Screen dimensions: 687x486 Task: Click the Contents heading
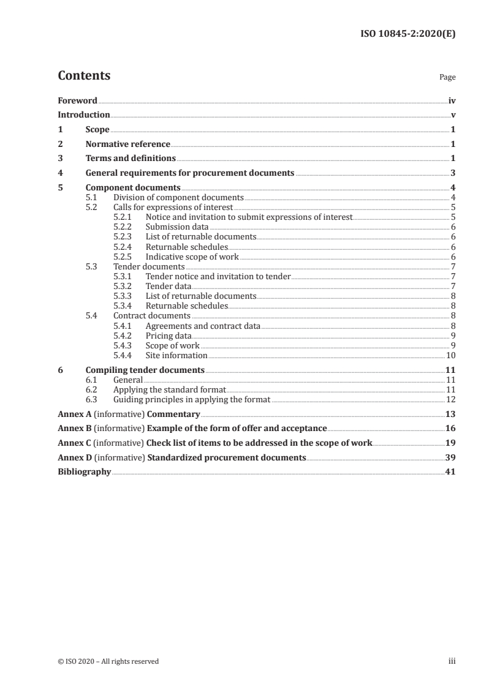(x=84, y=76)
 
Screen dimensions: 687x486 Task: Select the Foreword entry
(x=77, y=100)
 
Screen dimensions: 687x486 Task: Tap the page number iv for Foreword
(x=452, y=100)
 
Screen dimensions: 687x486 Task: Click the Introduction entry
(x=84, y=115)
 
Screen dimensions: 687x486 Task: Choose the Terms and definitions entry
(x=131, y=159)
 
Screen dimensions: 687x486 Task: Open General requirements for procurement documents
(x=190, y=173)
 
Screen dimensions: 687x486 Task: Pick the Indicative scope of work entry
(x=192, y=257)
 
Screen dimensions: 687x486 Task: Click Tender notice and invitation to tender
(x=218, y=277)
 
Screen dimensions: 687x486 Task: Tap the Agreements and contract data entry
(x=203, y=326)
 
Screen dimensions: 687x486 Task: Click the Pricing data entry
(x=169, y=336)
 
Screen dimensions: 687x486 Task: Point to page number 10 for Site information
(x=450, y=355)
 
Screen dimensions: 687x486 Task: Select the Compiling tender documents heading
(x=145, y=370)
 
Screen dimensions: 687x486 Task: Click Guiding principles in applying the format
(x=192, y=400)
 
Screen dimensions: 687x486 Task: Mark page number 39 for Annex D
(x=450, y=457)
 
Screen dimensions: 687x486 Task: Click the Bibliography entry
(x=84, y=472)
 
